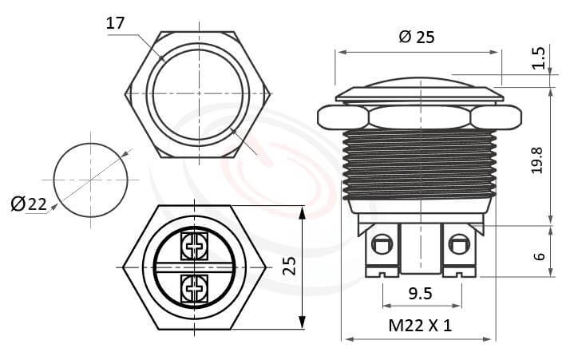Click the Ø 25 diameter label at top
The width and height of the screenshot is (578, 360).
tap(415, 37)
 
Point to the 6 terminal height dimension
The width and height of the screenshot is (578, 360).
tap(539, 255)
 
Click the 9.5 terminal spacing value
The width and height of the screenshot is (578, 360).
tap(420, 294)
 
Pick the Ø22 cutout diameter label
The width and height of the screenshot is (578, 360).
tap(29, 204)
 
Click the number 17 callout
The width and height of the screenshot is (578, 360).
tap(115, 23)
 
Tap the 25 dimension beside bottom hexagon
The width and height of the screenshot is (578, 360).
tap(289, 266)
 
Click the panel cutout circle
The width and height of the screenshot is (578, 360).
tap(90, 180)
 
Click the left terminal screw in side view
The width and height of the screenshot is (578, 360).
tap(383, 243)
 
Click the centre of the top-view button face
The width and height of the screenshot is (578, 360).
tap(196, 93)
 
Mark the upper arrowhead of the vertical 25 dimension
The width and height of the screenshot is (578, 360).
tap(302, 212)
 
